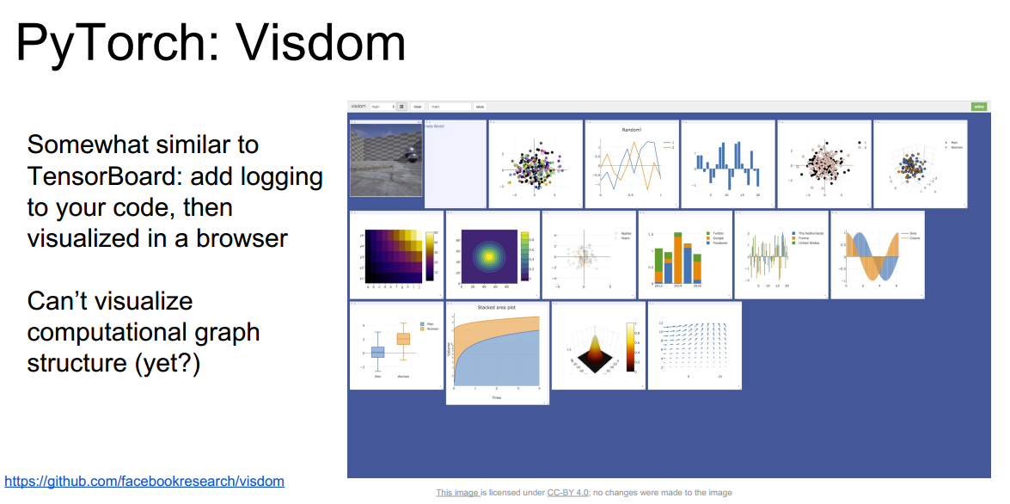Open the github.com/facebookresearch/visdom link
(x=144, y=482)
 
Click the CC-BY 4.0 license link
(x=568, y=493)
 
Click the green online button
(x=978, y=107)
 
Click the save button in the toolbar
(x=480, y=107)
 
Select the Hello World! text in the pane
(x=434, y=126)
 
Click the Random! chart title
(x=632, y=130)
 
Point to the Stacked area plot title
(x=497, y=307)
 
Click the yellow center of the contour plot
(x=489, y=255)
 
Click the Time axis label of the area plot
(x=497, y=397)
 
